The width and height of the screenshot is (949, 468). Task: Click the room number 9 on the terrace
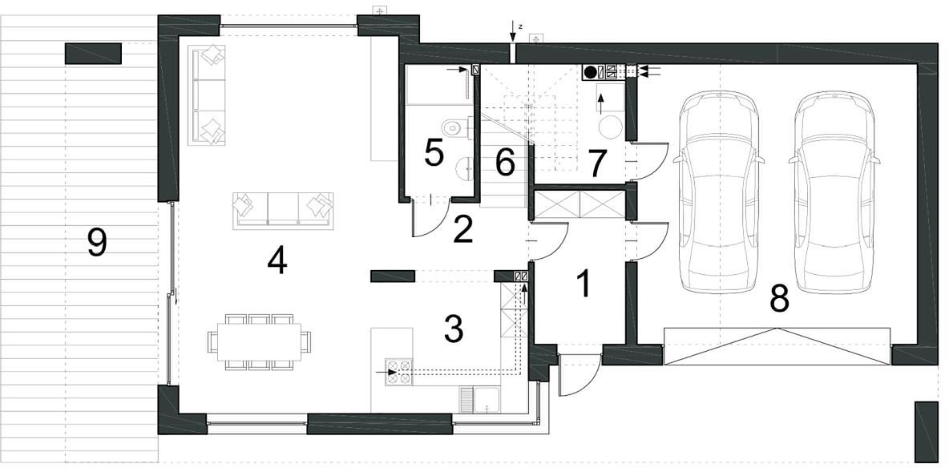(97, 243)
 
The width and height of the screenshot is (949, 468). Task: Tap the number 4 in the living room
(277, 261)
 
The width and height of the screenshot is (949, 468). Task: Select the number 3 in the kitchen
(454, 329)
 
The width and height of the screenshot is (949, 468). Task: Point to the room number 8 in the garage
(779, 298)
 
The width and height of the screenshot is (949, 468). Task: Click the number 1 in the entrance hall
(584, 284)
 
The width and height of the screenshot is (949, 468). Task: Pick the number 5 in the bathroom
(434, 152)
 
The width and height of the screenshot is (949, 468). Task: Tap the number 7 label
(597, 163)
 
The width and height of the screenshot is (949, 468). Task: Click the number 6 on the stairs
(505, 162)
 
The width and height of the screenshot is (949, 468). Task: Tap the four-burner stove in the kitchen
(399, 373)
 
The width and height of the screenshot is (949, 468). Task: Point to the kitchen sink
(480, 400)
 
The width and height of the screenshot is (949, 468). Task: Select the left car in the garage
(718, 192)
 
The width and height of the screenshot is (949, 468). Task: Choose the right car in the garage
(834, 192)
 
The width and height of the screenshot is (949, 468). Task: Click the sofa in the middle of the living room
(283, 210)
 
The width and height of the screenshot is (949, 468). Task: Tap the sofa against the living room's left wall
(207, 95)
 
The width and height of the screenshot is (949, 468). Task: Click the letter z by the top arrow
(520, 26)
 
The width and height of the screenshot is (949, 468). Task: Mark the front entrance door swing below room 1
(579, 375)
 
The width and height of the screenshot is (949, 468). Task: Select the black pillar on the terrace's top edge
(93, 53)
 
